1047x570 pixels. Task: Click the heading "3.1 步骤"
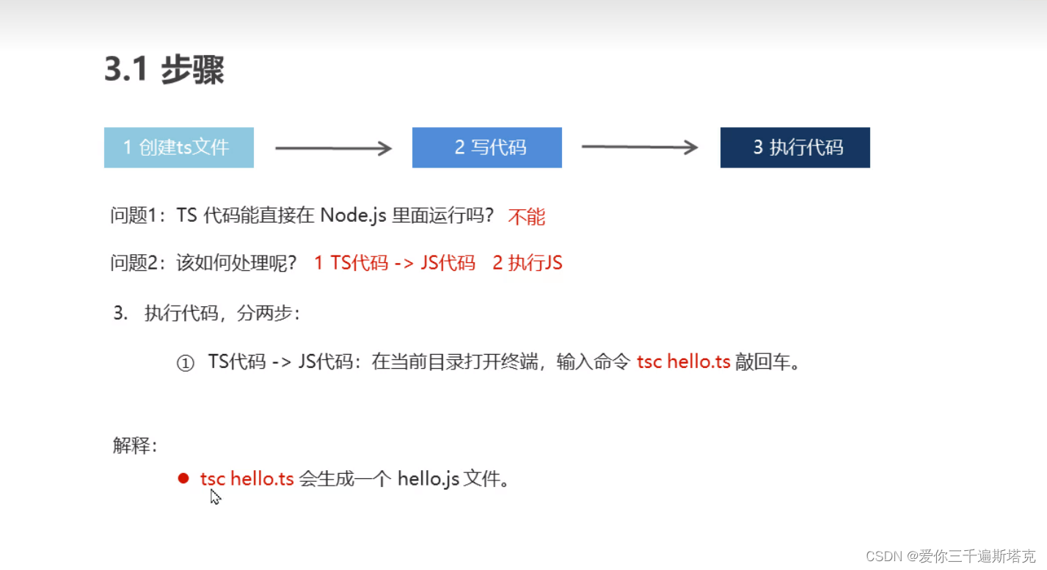click(164, 71)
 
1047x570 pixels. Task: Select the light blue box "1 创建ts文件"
click(178, 148)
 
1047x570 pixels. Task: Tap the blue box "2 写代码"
click(486, 148)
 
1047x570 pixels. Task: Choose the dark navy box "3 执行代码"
click(795, 148)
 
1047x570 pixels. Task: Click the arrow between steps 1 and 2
click(333, 148)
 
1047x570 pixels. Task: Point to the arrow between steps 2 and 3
click(639, 148)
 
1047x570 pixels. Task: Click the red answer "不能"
click(526, 217)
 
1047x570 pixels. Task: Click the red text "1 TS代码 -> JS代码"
click(395, 263)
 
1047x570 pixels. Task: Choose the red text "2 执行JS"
click(527, 263)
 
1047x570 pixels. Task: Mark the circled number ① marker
click(185, 364)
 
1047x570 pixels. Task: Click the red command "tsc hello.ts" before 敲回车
click(683, 362)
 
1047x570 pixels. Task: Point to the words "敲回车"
click(764, 362)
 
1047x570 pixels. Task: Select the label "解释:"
click(134, 445)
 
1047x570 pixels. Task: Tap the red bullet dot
click(183, 479)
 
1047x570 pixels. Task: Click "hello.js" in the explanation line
click(428, 480)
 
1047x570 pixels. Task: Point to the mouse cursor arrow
click(215, 497)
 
